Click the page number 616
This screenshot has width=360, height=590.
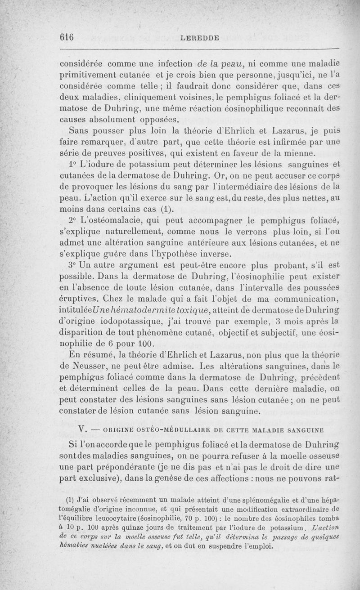click(67, 37)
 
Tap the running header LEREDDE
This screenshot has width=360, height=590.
click(199, 38)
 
